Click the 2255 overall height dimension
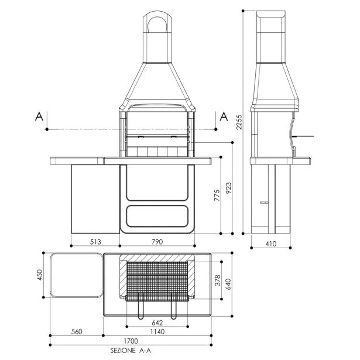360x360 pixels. [x=239, y=122]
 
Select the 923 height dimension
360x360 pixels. [x=228, y=188]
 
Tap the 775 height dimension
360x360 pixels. [x=217, y=196]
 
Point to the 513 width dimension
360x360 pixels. [x=95, y=242]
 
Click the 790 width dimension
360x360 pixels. [x=157, y=242]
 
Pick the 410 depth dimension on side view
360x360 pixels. [x=271, y=244]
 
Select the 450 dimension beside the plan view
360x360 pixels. [x=39, y=275]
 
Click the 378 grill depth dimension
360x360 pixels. [x=217, y=280]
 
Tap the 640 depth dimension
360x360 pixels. [x=228, y=284]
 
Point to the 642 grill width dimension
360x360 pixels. [x=157, y=323]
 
